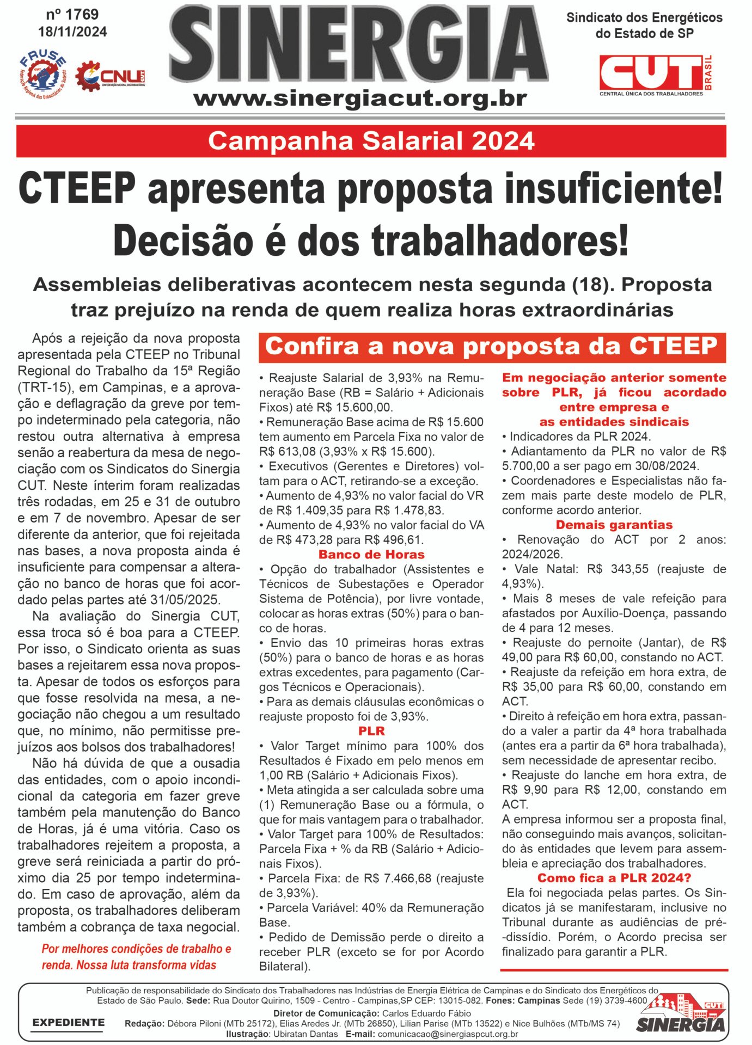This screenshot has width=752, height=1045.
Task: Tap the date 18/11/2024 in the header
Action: pyautogui.click(x=72, y=32)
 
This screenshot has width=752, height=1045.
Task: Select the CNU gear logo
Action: pyautogui.click(x=109, y=77)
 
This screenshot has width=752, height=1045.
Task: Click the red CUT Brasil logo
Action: pyautogui.click(x=656, y=75)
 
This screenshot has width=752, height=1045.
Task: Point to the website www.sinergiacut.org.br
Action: pyautogui.click(x=360, y=100)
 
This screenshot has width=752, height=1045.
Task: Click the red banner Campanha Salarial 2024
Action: pyautogui.click(x=371, y=142)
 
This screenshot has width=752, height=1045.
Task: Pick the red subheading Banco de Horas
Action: pyautogui.click(x=371, y=555)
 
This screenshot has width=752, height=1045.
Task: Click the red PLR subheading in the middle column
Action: pyautogui.click(x=371, y=731)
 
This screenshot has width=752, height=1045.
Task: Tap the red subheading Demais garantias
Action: pyautogui.click(x=614, y=525)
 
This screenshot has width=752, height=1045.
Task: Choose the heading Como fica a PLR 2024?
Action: pyautogui.click(x=614, y=878)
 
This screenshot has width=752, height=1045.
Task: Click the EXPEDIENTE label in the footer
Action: pyautogui.click(x=68, y=1023)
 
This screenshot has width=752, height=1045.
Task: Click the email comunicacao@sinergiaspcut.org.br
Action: pyautogui.click(x=448, y=1034)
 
